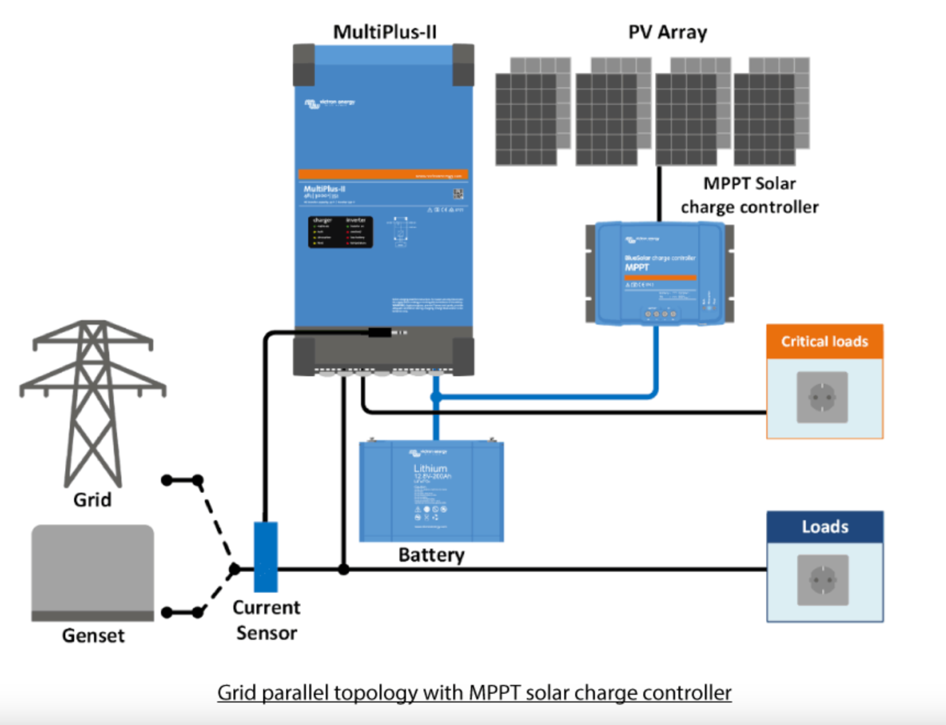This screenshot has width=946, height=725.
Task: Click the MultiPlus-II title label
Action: (385, 32)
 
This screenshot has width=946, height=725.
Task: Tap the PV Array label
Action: (667, 32)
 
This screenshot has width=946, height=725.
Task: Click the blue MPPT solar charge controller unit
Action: (659, 273)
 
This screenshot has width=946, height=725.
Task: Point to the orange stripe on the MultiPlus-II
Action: (383, 175)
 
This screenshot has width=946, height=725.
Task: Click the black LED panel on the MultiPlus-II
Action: (341, 232)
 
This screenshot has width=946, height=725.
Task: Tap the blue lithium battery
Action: (431, 491)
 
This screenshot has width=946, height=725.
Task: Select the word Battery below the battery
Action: (431, 555)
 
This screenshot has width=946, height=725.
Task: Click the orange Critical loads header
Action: (825, 342)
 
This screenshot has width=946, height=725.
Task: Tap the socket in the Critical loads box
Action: (822, 397)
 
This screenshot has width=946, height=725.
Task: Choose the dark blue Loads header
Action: (825, 527)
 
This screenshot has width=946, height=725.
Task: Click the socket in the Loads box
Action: (823, 580)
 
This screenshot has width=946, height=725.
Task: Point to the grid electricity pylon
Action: (92, 401)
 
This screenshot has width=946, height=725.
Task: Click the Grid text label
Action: (92, 500)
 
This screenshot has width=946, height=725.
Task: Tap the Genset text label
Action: (93, 635)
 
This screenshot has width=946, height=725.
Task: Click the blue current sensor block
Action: (266, 556)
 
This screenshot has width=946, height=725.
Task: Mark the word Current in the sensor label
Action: (266, 607)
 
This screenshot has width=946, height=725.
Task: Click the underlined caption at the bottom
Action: (474, 693)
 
